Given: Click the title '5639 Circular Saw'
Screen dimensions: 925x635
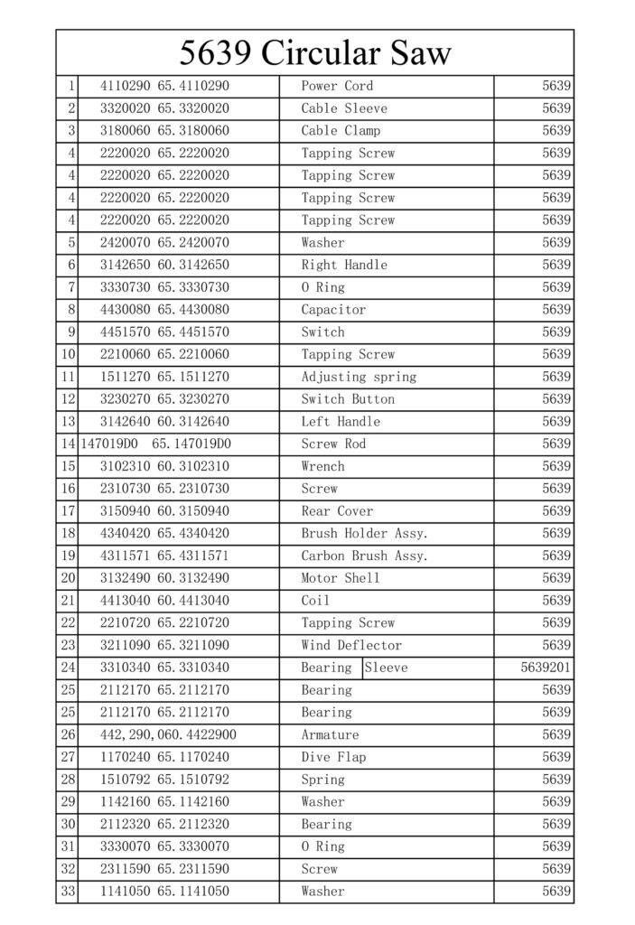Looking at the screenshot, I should point(314,53).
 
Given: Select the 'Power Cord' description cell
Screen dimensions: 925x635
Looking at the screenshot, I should point(337,87).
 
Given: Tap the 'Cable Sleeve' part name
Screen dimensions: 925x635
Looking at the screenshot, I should point(344,108).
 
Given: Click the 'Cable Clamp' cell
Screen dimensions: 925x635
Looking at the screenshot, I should point(341,131).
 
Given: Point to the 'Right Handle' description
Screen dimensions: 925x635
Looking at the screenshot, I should point(344,266).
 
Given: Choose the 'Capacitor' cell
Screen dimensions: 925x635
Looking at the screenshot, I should point(333,310).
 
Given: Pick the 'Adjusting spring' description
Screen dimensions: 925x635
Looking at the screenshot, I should point(359,377).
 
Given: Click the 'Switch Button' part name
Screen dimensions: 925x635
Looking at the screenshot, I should point(348,399).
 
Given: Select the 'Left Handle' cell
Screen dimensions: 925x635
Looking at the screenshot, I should point(341,422).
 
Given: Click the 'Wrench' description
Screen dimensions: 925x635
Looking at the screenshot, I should point(322,466).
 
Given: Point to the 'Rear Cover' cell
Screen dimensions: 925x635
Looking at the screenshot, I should point(337,511).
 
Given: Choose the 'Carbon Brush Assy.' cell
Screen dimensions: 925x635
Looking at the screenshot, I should point(364,556).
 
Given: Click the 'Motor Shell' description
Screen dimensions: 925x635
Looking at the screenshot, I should point(341,578).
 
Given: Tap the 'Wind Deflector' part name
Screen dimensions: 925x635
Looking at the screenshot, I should point(351,646).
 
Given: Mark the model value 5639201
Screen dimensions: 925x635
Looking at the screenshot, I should point(546,668).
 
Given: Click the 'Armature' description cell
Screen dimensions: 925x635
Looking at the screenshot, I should point(330,735).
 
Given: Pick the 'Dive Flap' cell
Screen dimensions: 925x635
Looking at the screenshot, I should point(333,757).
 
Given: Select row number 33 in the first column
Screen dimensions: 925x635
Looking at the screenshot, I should point(68,892).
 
